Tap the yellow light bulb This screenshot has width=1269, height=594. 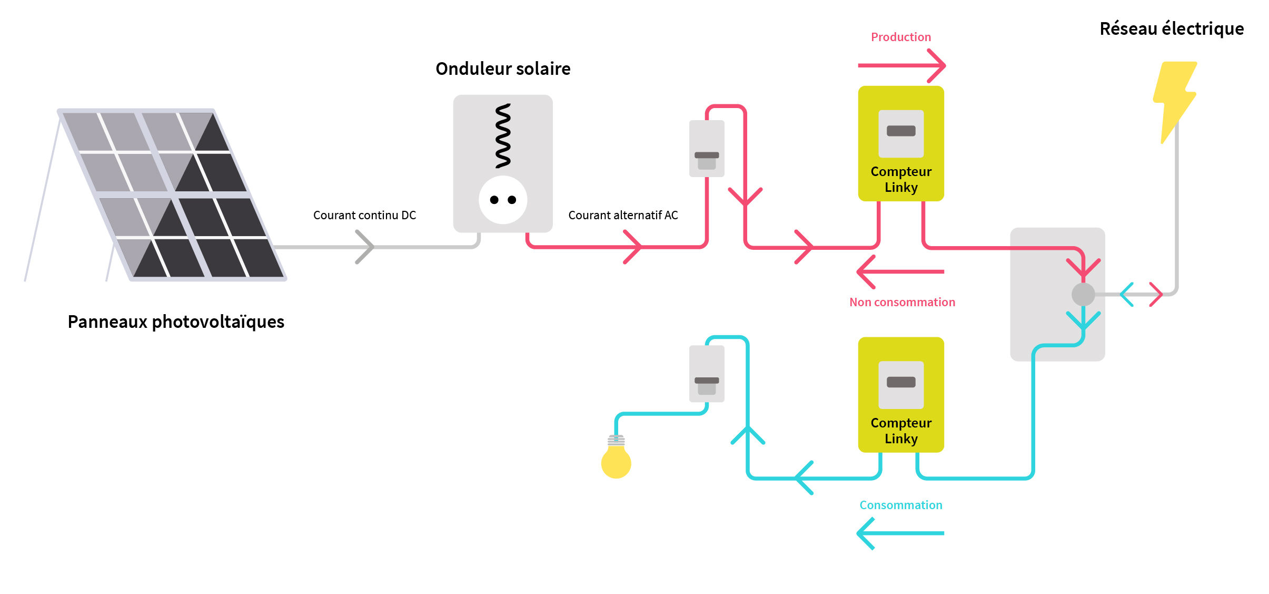(616, 461)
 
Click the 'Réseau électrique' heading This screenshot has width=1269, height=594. (1172, 29)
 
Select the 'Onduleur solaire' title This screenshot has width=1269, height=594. (503, 69)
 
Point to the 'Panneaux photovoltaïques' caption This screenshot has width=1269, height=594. (176, 322)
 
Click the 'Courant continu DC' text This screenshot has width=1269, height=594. (364, 215)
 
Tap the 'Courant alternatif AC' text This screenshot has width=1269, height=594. (623, 215)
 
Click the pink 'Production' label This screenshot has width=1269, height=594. (900, 37)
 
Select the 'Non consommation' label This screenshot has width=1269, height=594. (902, 302)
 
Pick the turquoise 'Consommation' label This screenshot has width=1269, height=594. (901, 505)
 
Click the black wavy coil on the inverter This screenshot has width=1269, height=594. (503, 136)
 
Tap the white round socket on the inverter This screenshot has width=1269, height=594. (503, 200)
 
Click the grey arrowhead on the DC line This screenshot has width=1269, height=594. (365, 247)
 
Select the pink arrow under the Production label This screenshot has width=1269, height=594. (901, 65)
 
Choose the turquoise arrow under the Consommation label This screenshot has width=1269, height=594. (900, 533)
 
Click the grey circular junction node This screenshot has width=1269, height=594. (1083, 294)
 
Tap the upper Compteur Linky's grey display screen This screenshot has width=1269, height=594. (901, 133)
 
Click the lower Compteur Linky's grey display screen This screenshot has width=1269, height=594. (901, 384)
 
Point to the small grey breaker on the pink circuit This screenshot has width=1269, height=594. (707, 149)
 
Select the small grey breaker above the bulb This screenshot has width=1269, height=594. (707, 374)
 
